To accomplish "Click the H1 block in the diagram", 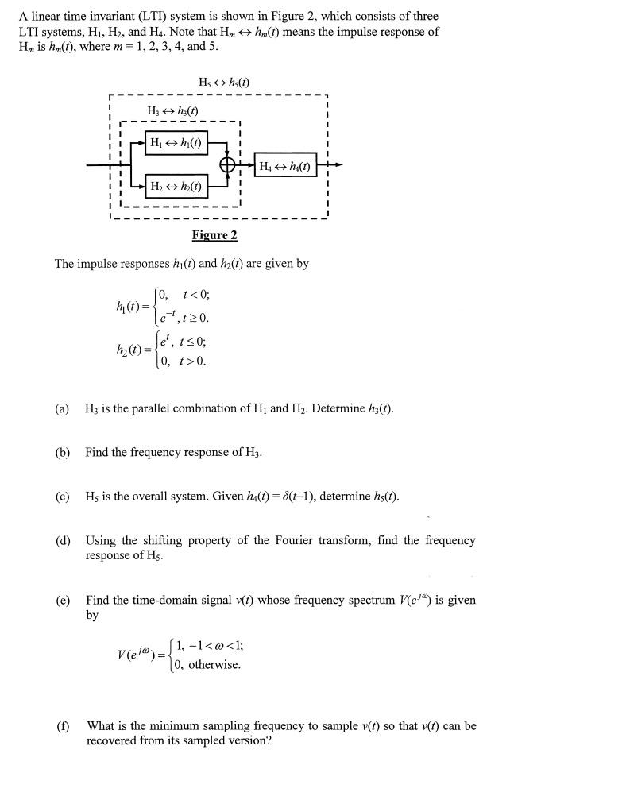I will click(x=176, y=143).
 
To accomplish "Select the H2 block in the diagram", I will click(x=176, y=187).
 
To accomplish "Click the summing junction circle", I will click(x=229, y=165).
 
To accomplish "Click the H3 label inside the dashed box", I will click(x=172, y=110).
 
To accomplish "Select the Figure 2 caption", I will click(x=214, y=234).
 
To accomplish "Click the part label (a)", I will click(x=62, y=408).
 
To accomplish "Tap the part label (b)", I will click(x=62, y=452).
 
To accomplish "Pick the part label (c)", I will click(x=62, y=497).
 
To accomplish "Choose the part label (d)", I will click(x=62, y=540).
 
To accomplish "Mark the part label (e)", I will click(x=62, y=600).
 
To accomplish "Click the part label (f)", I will click(x=62, y=725).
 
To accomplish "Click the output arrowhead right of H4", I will click(x=339, y=165).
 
